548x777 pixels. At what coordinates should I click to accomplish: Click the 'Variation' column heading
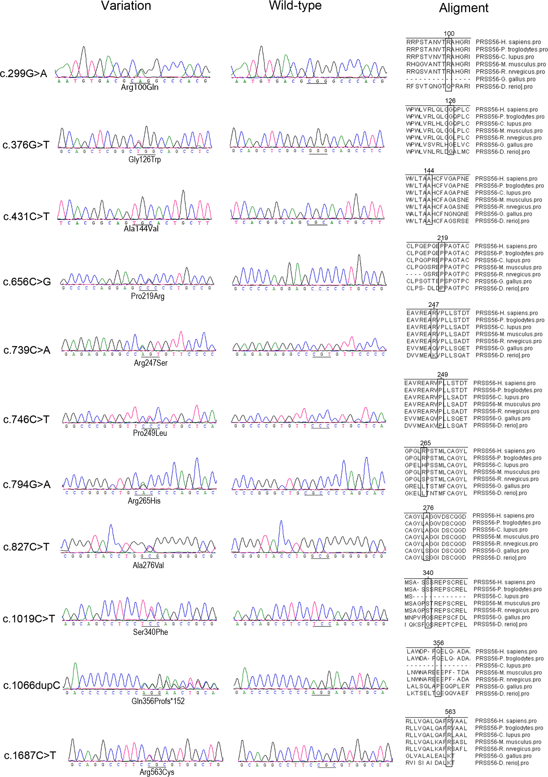point(126,6)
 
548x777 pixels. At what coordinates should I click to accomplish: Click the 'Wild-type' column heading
point(295,6)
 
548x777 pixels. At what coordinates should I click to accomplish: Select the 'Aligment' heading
point(463,8)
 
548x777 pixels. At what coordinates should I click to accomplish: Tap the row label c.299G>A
point(23,74)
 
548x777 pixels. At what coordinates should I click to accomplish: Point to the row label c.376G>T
point(26,145)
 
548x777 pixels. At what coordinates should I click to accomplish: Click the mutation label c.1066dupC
point(32,686)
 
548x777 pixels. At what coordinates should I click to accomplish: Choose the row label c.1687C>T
point(30,756)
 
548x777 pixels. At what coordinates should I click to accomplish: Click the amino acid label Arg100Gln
point(140,87)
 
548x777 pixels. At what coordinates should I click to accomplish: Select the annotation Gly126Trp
point(144,160)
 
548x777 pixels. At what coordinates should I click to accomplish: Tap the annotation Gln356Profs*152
point(158,701)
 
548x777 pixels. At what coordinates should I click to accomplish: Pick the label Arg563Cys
point(157,772)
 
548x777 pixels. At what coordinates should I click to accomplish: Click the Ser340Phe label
point(150,632)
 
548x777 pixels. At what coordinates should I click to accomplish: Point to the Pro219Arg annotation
point(147,296)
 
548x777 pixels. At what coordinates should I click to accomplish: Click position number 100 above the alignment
point(449,34)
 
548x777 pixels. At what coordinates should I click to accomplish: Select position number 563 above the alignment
point(450,712)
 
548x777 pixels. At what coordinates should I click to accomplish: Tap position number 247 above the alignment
point(433,305)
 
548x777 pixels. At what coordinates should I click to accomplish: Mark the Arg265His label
point(144,501)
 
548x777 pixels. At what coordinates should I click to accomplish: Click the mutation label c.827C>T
point(26,547)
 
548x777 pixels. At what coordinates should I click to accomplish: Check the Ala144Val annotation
point(141,229)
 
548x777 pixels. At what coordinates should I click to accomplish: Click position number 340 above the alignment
point(428,573)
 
